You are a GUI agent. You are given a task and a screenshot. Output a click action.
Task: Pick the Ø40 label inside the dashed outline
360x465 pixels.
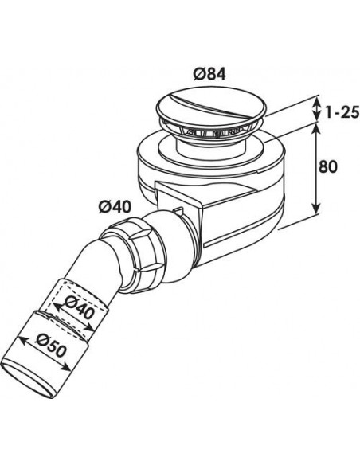(80, 306)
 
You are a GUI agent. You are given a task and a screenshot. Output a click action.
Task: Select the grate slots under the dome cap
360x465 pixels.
(209, 131)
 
